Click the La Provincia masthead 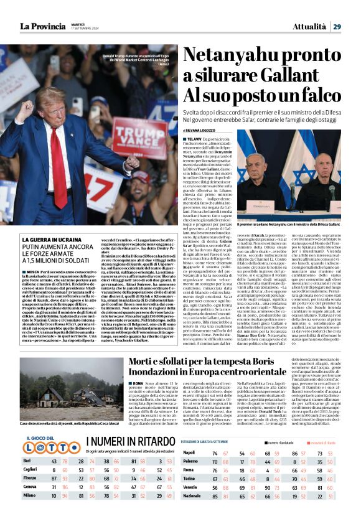[42, 26]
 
